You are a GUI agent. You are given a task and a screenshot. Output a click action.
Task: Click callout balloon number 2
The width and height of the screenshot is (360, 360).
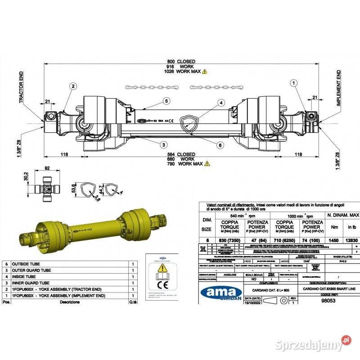72,86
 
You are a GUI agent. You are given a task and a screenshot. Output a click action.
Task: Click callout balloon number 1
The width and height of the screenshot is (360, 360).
293,83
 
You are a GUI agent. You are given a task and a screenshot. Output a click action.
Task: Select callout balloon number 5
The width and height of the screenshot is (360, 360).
166,101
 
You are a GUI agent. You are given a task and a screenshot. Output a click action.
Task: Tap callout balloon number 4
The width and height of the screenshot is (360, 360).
222,103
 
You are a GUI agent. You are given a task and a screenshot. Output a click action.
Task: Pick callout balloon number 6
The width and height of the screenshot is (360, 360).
220,144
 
